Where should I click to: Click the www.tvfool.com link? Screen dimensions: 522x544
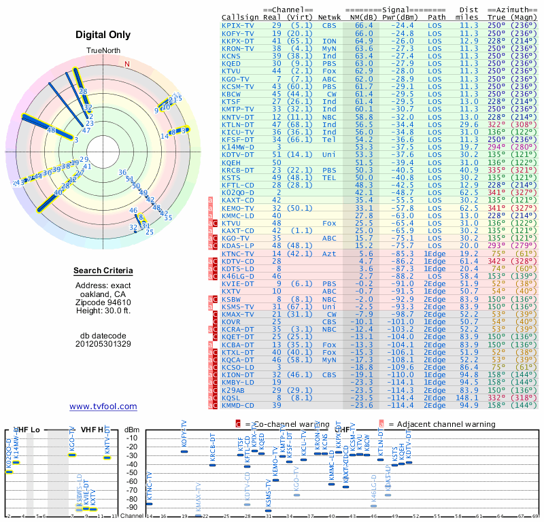coord(103,406)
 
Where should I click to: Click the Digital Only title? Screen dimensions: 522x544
coord(103,35)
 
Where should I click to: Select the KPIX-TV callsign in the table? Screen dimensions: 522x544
coord(238,25)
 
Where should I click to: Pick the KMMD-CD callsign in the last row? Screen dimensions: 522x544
coord(238,405)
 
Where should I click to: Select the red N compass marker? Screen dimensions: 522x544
coord(126,64)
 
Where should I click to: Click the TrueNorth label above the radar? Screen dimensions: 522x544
coord(103,52)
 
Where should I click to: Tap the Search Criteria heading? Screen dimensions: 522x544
coord(103,271)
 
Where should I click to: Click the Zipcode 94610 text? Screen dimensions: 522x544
coord(103,302)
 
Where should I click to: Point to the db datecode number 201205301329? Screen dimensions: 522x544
coord(103,343)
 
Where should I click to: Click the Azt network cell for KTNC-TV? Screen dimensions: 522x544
coord(330,253)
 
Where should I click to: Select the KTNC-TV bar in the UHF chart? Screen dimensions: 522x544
coord(150,504)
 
